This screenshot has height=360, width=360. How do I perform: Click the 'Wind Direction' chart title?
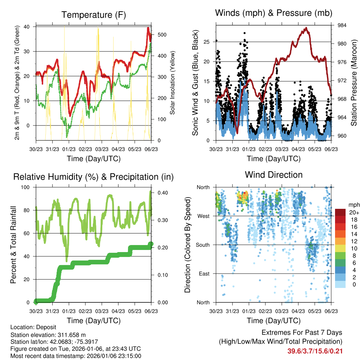274,175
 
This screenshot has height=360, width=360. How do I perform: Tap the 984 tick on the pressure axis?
342,25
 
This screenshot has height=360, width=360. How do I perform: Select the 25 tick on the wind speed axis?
207,42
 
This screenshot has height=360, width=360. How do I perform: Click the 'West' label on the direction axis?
203,216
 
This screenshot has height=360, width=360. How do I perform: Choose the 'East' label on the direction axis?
204,274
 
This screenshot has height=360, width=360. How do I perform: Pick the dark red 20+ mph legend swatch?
340,212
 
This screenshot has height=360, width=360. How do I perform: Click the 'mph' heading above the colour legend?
353,205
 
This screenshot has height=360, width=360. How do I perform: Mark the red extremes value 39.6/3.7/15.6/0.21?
315,351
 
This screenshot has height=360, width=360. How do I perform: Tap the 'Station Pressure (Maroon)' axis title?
354,83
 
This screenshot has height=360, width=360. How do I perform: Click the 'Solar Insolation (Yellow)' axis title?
172,83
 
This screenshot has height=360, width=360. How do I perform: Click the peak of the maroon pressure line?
306,28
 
